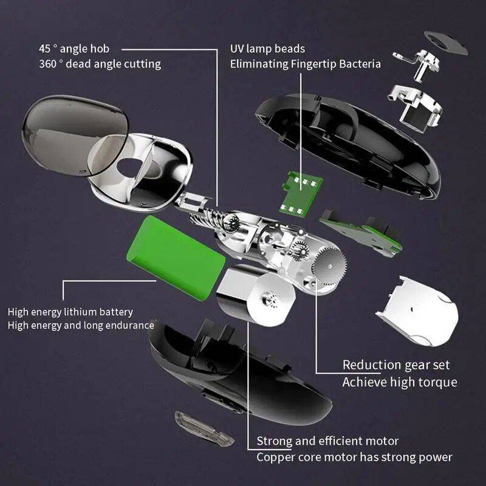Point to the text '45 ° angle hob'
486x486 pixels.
pos(74,49)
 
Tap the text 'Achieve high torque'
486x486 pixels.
pos(399,382)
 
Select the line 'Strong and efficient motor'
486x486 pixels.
pos(327,440)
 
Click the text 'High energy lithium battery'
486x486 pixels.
pos(70,312)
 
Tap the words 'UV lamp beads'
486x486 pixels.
pos(267,49)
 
